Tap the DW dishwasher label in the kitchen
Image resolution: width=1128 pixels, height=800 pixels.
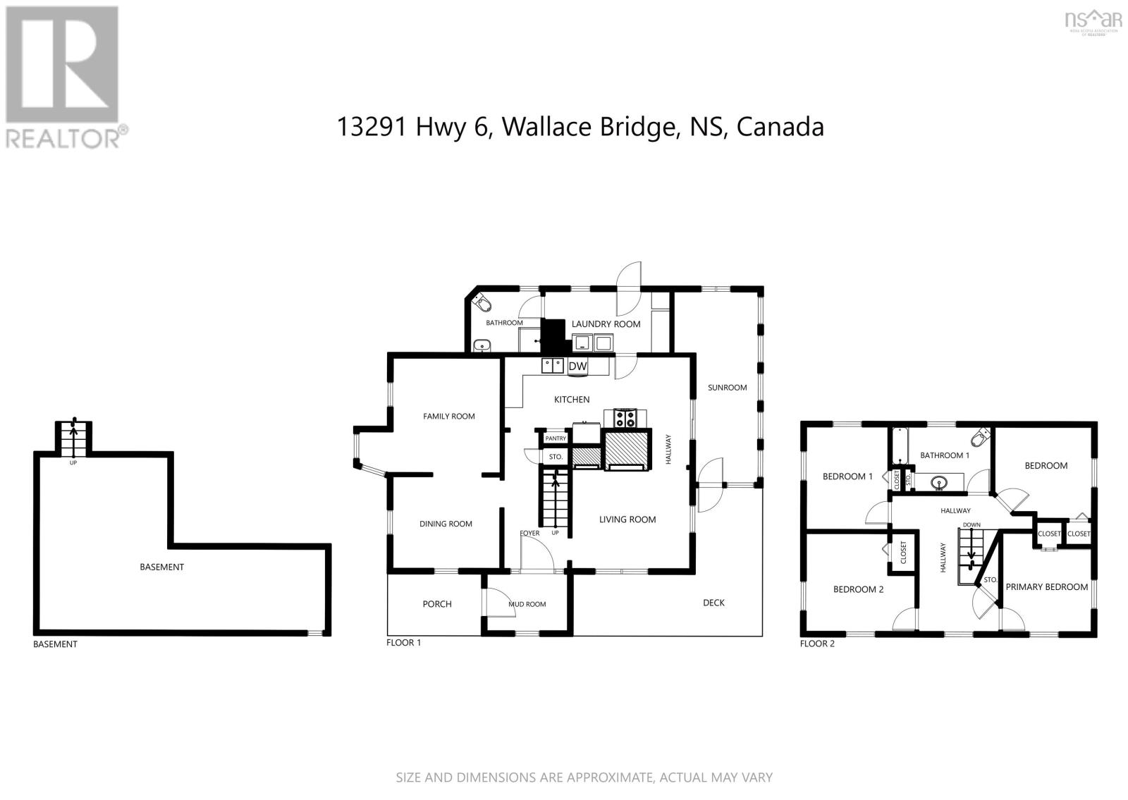(577, 367)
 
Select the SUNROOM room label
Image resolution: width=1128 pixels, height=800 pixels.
(727, 388)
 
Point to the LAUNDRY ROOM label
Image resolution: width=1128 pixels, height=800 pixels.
(606, 324)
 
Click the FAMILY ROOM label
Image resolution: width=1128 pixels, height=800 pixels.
(448, 417)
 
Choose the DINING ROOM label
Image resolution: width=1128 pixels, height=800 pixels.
(446, 524)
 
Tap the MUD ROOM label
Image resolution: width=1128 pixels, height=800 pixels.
(527, 604)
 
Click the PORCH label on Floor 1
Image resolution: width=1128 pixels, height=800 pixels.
(437, 604)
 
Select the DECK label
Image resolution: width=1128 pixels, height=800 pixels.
(713, 603)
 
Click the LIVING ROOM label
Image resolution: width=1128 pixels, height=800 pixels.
(627, 519)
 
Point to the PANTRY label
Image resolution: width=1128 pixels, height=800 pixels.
(556, 438)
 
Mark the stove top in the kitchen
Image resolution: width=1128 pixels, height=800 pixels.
(625, 419)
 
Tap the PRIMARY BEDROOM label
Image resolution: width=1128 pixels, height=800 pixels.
(1046, 586)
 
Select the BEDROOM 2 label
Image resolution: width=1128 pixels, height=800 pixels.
(858, 589)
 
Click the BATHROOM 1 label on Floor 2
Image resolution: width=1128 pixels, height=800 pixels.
(944, 455)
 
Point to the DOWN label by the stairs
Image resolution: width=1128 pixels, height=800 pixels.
(971, 524)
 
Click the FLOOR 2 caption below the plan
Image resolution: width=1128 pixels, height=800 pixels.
(817, 644)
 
